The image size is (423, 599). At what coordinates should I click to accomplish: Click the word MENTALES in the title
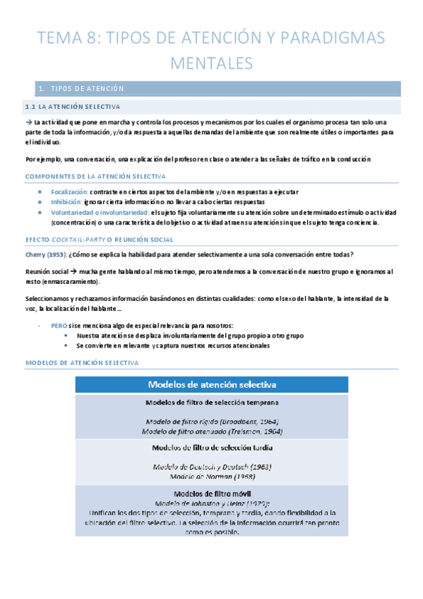tap(211, 63)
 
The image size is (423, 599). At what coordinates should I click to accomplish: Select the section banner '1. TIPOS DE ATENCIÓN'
tap(82, 89)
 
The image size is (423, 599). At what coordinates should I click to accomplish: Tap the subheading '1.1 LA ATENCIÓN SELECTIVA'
tap(72, 107)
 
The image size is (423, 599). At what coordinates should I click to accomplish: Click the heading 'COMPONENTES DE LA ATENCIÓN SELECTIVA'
tap(95, 176)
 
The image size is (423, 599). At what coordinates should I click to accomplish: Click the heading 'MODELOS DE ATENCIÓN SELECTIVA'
tap(82, 362)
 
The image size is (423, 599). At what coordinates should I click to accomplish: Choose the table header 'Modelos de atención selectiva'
tap(211, 384)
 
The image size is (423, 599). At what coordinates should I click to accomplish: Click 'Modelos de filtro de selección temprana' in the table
tap(211, 403)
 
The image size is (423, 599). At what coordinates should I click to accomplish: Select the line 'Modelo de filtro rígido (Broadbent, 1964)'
tap(211, 421)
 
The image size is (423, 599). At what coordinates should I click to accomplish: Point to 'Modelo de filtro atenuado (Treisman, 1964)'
tap(211, 430)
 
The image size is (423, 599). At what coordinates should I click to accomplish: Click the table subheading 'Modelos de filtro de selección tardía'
tap(211, 448)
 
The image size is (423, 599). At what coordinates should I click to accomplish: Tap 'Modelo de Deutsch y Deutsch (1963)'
tap(211, 467)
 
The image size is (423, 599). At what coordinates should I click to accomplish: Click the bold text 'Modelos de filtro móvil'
tap(211, 493)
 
